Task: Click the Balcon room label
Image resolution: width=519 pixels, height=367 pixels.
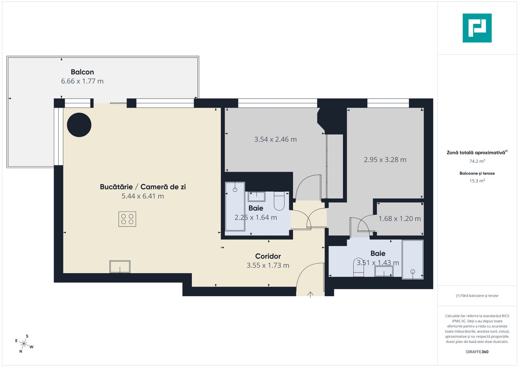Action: click(x=82, y=72)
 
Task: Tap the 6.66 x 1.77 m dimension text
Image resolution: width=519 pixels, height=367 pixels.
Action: click(x=82, y=81)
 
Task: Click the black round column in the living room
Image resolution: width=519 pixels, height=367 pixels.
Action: click(x=79, y=125)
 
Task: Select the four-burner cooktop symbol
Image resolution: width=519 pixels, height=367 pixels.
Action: click(x=127, y=219)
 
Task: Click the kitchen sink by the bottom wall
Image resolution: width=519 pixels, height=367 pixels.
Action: click(x=120, y=267)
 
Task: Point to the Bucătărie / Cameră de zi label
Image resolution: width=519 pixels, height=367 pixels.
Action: click(x=143, y=187)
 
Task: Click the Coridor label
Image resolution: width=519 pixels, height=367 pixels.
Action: click(x=268, y=256)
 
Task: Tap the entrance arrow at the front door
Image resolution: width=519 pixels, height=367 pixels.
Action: click(x=310, y=294)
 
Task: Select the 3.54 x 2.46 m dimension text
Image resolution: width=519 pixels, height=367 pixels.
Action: click(x=275, y=139)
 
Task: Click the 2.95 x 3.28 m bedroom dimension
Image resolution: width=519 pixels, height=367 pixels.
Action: click(x=385, y=160)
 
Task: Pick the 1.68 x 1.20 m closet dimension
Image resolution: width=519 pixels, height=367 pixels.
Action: click(x=400, y=219)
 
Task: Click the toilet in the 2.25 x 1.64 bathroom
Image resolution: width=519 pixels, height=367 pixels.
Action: click(x=279, y=201)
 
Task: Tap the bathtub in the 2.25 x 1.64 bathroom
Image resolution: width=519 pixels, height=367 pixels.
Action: click(x=235, y=206)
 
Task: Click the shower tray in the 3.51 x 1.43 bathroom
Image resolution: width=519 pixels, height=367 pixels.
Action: click(x=413, y=260)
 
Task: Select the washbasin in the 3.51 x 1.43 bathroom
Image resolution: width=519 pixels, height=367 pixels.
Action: click(x=384, y=271)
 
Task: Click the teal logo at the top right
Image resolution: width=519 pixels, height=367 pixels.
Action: click(x=477, y=28)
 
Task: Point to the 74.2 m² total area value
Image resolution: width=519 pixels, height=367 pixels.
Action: click(x=477, y=161)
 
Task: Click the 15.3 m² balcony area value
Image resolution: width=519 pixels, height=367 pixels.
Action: click(x=477, y=181)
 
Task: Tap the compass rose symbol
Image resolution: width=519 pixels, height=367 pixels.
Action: click(x=24, y=344)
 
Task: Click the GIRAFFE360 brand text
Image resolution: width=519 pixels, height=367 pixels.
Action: click(x=477, y=352)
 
